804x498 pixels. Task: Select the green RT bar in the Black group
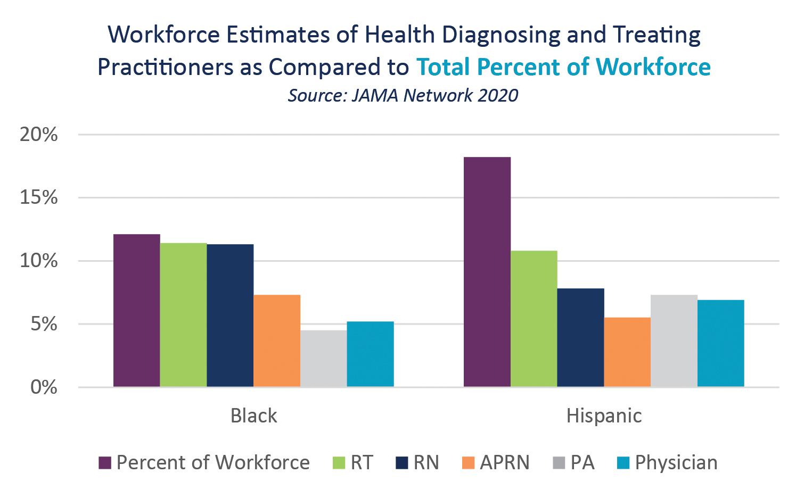pyautogui.click(x=184, y=314)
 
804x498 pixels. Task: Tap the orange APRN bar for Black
pyautogui.click(x=277, y=341)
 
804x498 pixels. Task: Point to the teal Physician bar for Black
pyautogui.click(x=370, y=354)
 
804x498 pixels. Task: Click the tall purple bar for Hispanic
pyautogui.click(x=487, y=272)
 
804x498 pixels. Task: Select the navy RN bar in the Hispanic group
pyautogui.click(x=580, y=337)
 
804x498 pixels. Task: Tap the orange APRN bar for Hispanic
pyautogui.click(x=627, y=352)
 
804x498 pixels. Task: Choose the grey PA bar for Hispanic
pyautogui.click(x=674, y=341)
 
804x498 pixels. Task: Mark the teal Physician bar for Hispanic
pyautogui.click(x=720, y=343)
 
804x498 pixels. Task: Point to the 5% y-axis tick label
pyautogui.click(x=42, y=324)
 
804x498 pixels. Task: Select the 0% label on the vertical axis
pyautogui.click(x=42, y=387)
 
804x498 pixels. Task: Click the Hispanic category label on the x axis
pyautogui.click(x=604, y=416)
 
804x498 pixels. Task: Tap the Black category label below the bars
pyautogui.click(x=254, y=416)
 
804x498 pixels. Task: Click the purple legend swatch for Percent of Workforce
pyautogui.click(x=104, y=463)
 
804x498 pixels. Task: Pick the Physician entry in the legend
pyautogui.click(x=676, y=462)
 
